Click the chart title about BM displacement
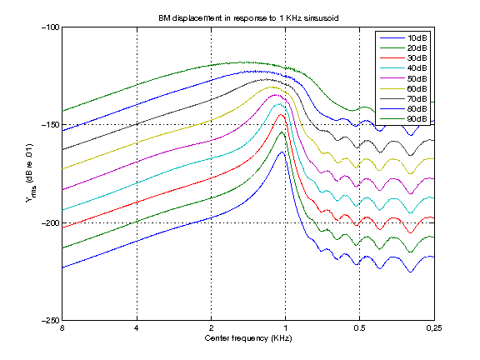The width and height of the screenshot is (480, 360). point(247,17)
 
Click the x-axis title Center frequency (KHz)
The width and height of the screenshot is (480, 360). point(247,339)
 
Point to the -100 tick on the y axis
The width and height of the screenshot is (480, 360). point(51,27)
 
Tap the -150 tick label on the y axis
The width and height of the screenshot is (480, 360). point(51,124)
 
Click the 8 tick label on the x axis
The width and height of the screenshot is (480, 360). point(62,330)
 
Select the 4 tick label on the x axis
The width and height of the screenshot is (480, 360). point(137,330)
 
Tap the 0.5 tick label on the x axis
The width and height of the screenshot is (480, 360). point(359,330)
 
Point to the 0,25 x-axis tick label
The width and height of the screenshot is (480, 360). point(432,330)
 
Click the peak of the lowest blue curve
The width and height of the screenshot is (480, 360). point(282,152)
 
